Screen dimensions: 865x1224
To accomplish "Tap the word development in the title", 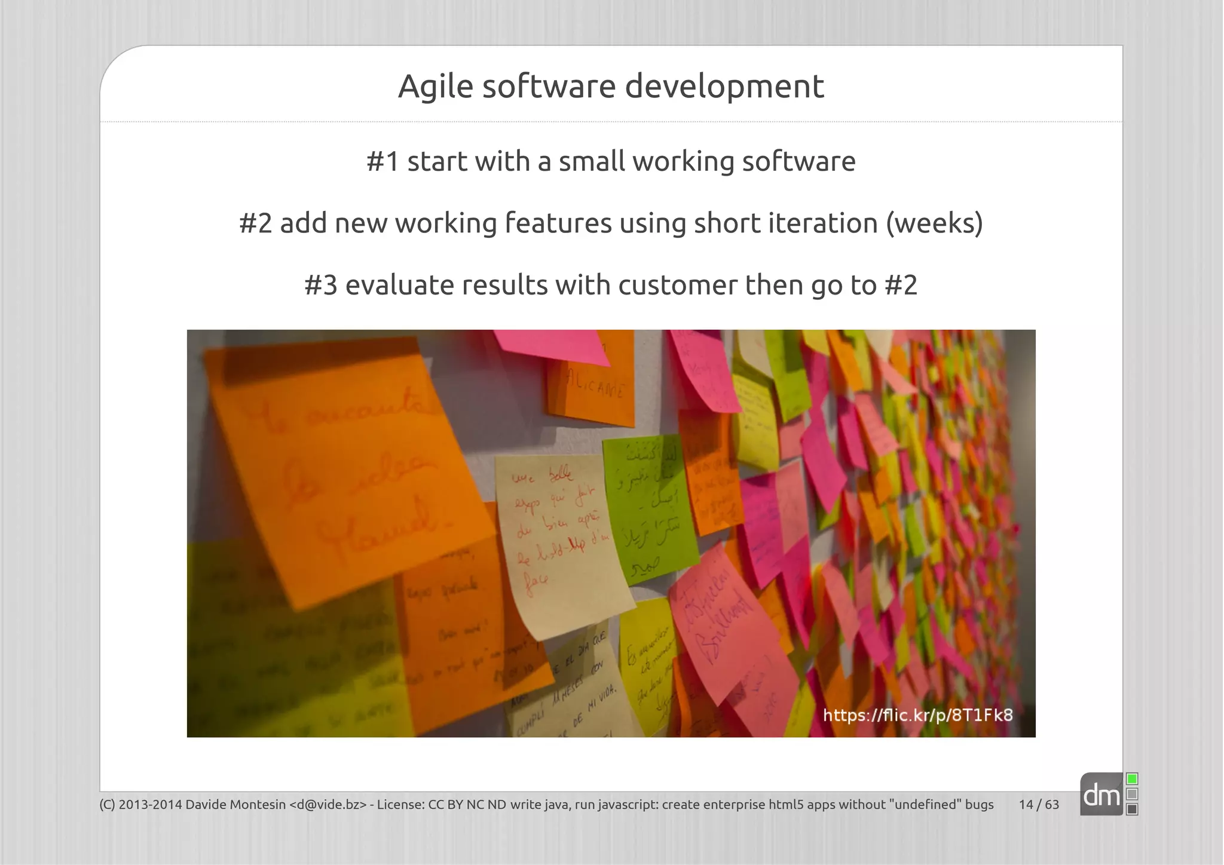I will pyautogui.click(x=724, y=87).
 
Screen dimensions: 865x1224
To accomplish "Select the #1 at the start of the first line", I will pyautogui.click(x=382, y=162).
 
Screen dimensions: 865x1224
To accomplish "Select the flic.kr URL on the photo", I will pyautogui.click(x=918, y=715).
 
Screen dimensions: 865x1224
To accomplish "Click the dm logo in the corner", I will pyautogui.click(x=1101, y=795).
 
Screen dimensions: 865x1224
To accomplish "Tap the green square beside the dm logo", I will pyautogui.click(x=1132, y=779).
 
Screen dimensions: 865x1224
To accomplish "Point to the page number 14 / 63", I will pyautogui.click(x=1039, y=805).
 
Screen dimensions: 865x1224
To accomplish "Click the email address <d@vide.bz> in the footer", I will pyautogui.click(x=328, y=805).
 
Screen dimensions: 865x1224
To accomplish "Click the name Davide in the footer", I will pyautogui.click(x=204, y=805).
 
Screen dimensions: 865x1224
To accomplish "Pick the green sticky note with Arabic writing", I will pyautogui.click(x=648, y=508).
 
